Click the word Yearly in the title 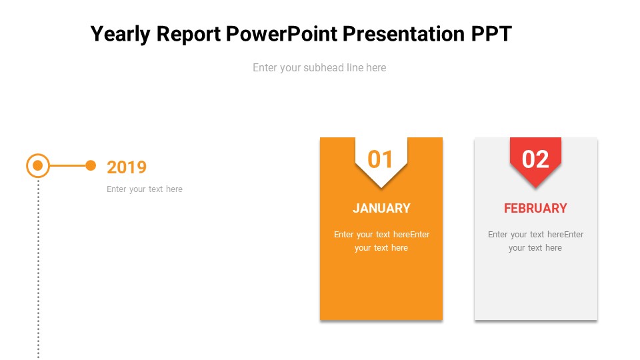121,34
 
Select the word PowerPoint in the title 281,33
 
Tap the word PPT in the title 491,33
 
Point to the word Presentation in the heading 404,33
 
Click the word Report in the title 189,34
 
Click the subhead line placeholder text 319,68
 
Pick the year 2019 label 127,167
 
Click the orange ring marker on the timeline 28,166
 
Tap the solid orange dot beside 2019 91,165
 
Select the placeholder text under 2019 145,189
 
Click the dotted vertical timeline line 39,269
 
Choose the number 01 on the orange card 380,159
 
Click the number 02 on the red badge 535,159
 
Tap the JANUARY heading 381,208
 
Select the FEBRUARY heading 535,208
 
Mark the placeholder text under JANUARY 381,241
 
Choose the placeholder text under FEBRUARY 535,241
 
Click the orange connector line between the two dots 68,166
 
